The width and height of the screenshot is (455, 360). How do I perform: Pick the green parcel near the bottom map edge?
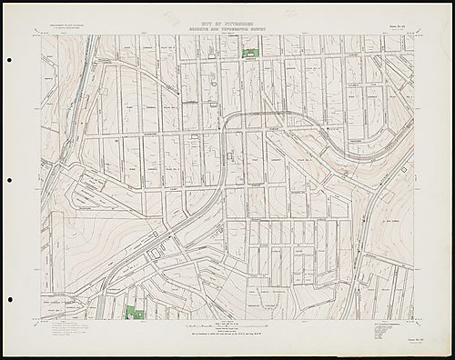coord(134,313)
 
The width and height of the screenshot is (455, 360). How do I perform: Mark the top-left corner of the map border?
coord(39,35)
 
